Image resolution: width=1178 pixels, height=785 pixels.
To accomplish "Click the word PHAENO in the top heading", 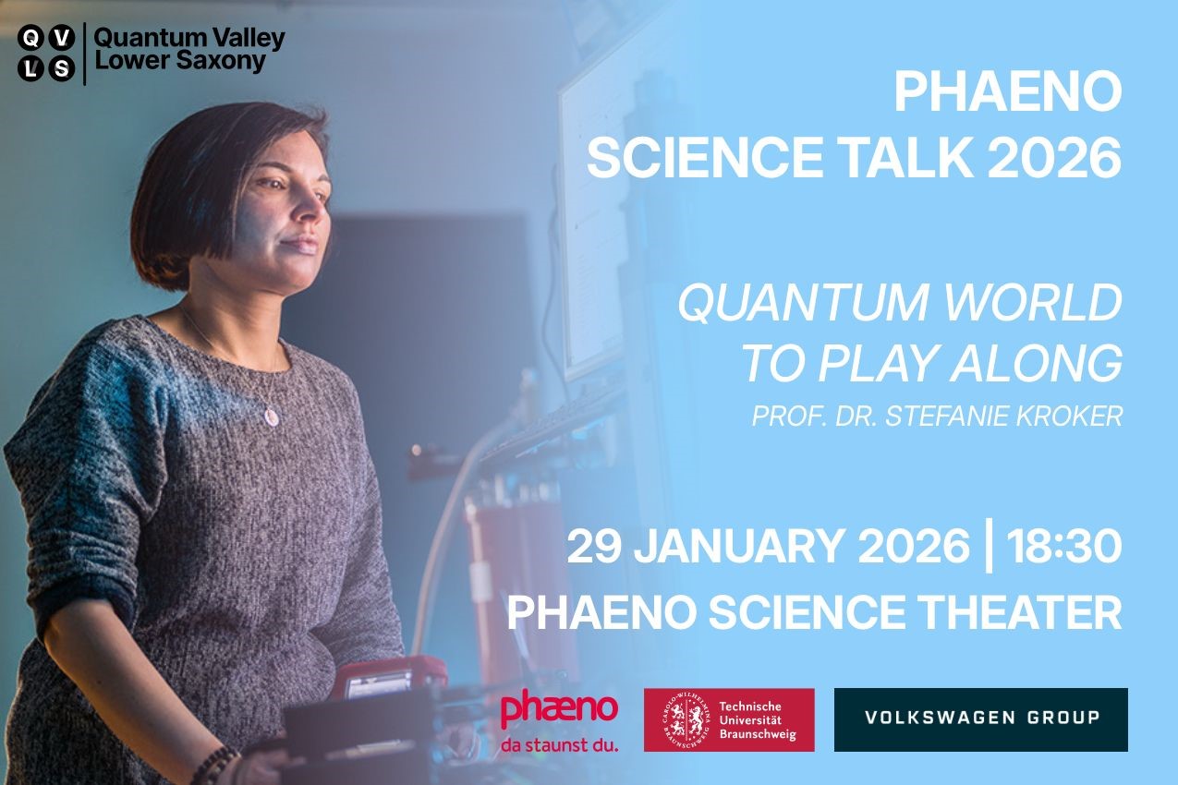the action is (x=1008, y=92).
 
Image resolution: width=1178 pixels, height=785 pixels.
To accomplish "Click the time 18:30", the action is (x=1063, y=547).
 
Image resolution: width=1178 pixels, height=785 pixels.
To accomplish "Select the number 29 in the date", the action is (x=594, y=547).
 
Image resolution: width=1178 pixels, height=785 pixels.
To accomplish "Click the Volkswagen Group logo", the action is (x=981, y=719).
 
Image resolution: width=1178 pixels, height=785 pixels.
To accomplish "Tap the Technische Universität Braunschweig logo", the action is (x=729, y=719).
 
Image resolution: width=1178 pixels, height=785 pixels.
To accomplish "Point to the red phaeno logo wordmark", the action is (x=559, y=710).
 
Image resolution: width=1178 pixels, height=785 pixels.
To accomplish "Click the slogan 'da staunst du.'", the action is (x=559, y=745).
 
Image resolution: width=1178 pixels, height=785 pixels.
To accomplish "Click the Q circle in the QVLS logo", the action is (x=31, y=39).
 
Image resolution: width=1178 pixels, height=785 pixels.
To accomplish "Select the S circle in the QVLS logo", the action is (x=62, y=69).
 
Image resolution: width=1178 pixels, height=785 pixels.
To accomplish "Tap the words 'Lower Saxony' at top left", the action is (x=180, y=61).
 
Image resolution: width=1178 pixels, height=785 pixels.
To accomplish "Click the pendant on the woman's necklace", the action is (x=271, y=417).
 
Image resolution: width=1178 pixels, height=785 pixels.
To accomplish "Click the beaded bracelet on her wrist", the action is (x=214, y=764).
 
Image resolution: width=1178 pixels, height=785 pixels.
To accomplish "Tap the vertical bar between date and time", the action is (x=989, y=546).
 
